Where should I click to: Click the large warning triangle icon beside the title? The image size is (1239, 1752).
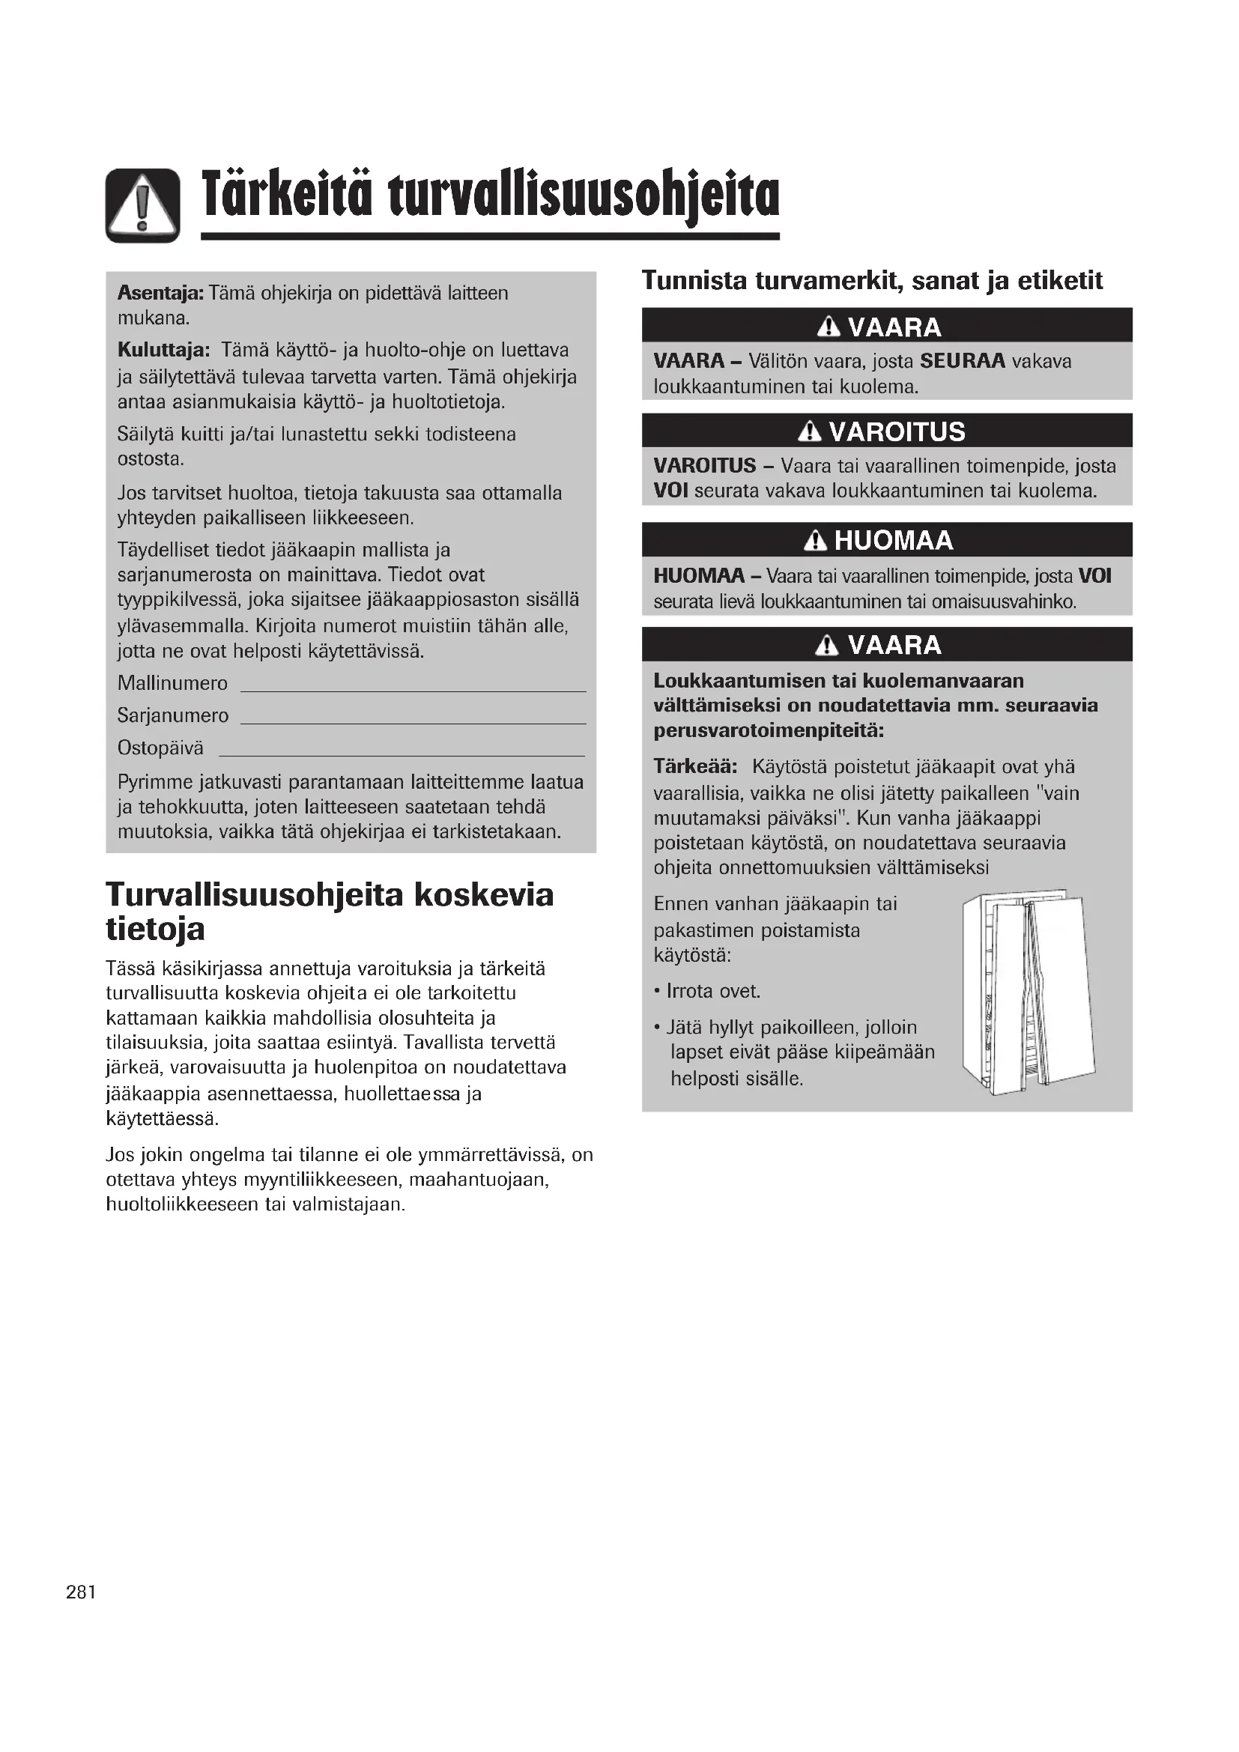[142, 205]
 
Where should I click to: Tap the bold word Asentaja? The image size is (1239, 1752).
[160, 293]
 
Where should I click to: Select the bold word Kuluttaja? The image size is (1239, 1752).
[163, 351]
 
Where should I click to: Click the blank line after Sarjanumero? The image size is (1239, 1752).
[413, 719]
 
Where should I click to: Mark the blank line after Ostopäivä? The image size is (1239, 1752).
[402, 751]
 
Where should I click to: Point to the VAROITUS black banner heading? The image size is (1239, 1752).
[886, 432]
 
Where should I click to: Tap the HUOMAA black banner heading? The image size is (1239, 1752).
[886, 540]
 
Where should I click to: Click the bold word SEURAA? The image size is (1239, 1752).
[963, 361]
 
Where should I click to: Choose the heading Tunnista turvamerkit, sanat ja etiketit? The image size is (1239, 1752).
[872, 281]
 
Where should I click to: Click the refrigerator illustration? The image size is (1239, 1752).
[1028, 992]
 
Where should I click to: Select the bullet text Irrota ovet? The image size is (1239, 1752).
[713, 991]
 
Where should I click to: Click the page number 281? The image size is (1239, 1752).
[81, 1592]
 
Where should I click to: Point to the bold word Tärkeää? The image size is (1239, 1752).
[695, 767]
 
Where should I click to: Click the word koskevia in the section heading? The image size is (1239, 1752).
[484, 895]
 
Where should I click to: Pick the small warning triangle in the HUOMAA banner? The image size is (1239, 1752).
[816, 541]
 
